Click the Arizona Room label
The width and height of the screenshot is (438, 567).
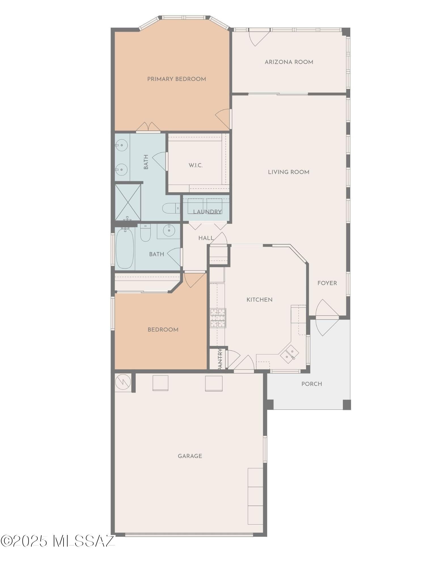tap(289, 62)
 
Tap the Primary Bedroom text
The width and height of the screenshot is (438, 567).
tap(176, 79)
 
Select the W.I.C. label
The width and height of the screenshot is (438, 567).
tap(196, 165)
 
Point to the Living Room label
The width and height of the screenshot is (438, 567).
tap(289, 172)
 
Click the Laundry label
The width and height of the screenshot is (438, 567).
tap(207, 212)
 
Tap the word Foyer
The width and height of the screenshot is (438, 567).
tap(327, 283)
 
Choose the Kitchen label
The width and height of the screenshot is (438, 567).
tap(259, 300)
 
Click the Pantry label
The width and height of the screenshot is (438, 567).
tap(220, 359)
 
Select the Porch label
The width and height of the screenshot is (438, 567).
tap(312, 384)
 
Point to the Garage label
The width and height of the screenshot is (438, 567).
tap(190, 456)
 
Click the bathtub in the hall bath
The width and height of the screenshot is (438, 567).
tap(125, 249)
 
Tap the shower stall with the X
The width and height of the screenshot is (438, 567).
tap(128, 202)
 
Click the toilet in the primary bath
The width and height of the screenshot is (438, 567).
tap(171, 208)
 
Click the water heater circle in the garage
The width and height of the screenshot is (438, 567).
tap(123, 382)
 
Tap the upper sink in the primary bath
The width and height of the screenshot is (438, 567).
tap(121, 145)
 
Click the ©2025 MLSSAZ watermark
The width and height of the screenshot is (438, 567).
tap(58, 541)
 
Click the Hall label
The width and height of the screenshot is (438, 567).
tap(206, 238)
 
